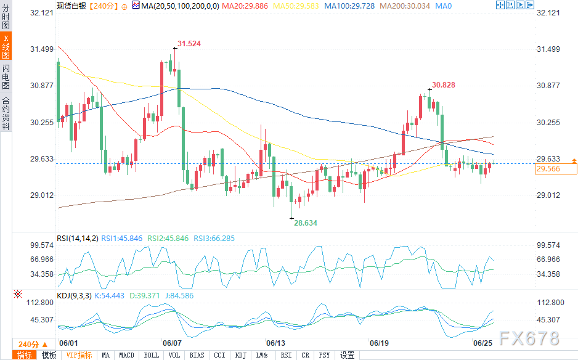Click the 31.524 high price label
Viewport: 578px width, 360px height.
(189, 44)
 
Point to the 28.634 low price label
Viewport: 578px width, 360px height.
(306, 223)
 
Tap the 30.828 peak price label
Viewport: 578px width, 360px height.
(444, 84)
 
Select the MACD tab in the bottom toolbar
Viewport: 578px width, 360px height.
(126, 355)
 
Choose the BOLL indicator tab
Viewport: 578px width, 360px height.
(151, 355)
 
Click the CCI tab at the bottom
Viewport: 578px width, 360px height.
(219, 355)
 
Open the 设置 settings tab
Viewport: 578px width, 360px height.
(347, 355)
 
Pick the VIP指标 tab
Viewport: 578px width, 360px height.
(79, 355)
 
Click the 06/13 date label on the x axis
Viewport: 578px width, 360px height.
(275, 343)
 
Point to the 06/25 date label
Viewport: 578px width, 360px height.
(482, 343)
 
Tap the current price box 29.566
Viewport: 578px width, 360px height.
(548, 169)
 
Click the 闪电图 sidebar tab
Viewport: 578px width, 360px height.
(6, 76)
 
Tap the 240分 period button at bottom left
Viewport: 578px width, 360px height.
(28, 344)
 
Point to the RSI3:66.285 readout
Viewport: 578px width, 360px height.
(215, 238)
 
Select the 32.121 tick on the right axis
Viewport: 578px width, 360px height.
(548, 13)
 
